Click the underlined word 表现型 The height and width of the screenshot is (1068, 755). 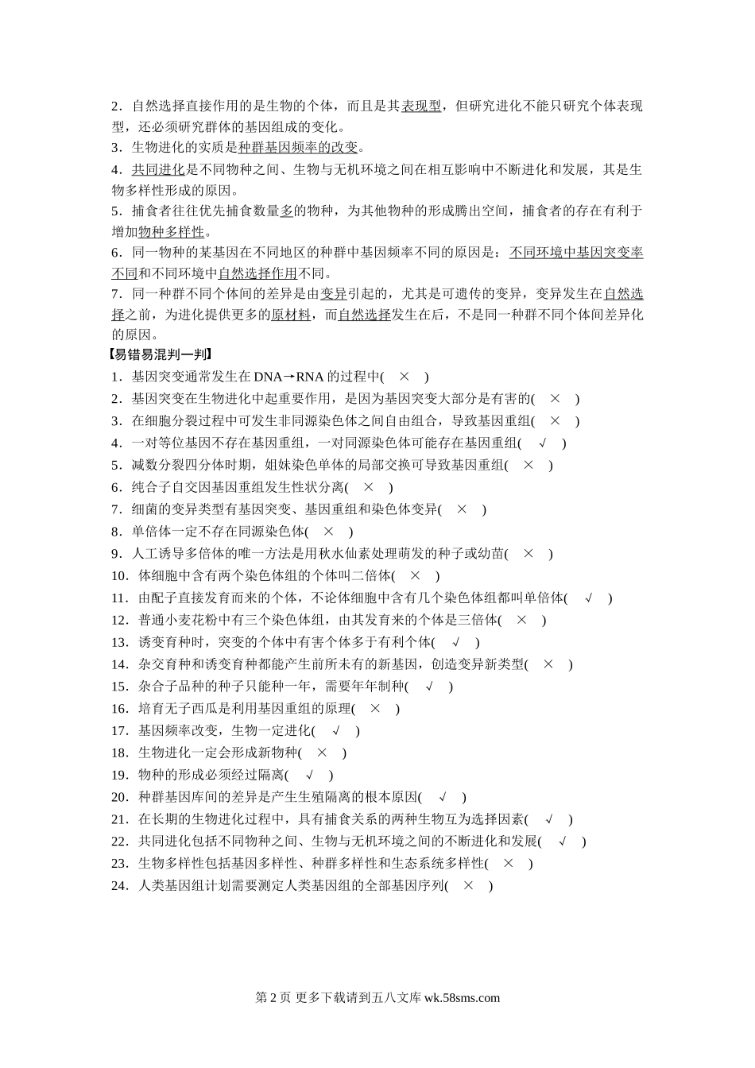click(x=421, y=106)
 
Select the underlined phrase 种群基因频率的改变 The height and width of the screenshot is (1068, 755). click(x=298, y=147)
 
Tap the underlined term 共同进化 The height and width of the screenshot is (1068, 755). click(x=157, y=169)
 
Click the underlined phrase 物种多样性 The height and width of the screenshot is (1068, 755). click(x=171, y=232)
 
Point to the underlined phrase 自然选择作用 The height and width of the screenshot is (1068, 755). click(x=257, y=273)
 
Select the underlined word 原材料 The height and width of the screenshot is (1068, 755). click(x=291, y=315)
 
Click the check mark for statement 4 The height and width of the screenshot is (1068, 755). click(x=543, y=443)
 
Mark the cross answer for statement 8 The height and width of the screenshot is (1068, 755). click(x=328, y=532)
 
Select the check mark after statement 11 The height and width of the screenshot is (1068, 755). click(x=588, y=598)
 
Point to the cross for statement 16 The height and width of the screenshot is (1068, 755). click(x=375, y=709)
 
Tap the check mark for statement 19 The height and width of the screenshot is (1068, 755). click(x=308, y=775)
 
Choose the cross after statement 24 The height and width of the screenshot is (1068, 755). click(x=468, y=885)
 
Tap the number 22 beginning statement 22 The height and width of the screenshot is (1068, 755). click(x=120, y=842)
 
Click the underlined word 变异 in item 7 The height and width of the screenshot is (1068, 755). click(x=334, y=294)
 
